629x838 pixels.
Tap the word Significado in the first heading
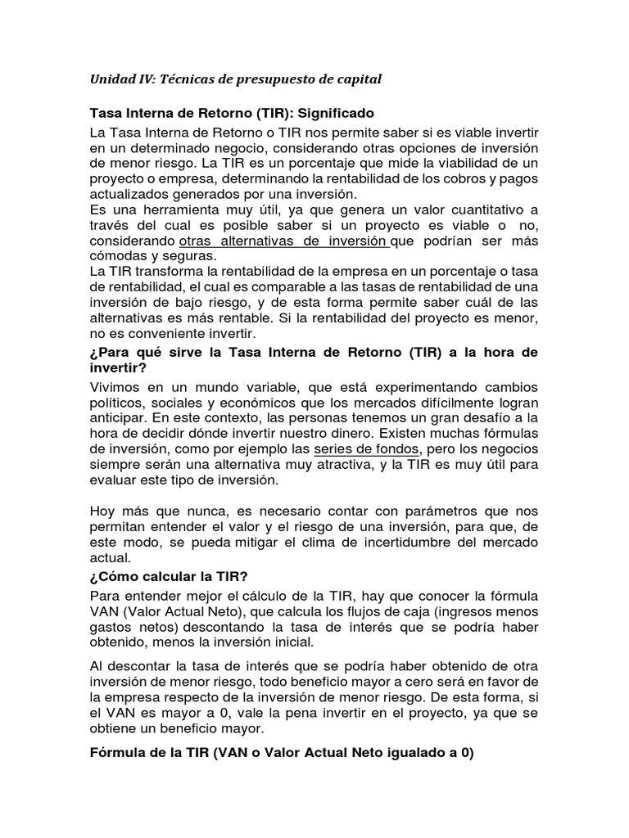[312, 112]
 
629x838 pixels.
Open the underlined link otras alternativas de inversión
[283, 241]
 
